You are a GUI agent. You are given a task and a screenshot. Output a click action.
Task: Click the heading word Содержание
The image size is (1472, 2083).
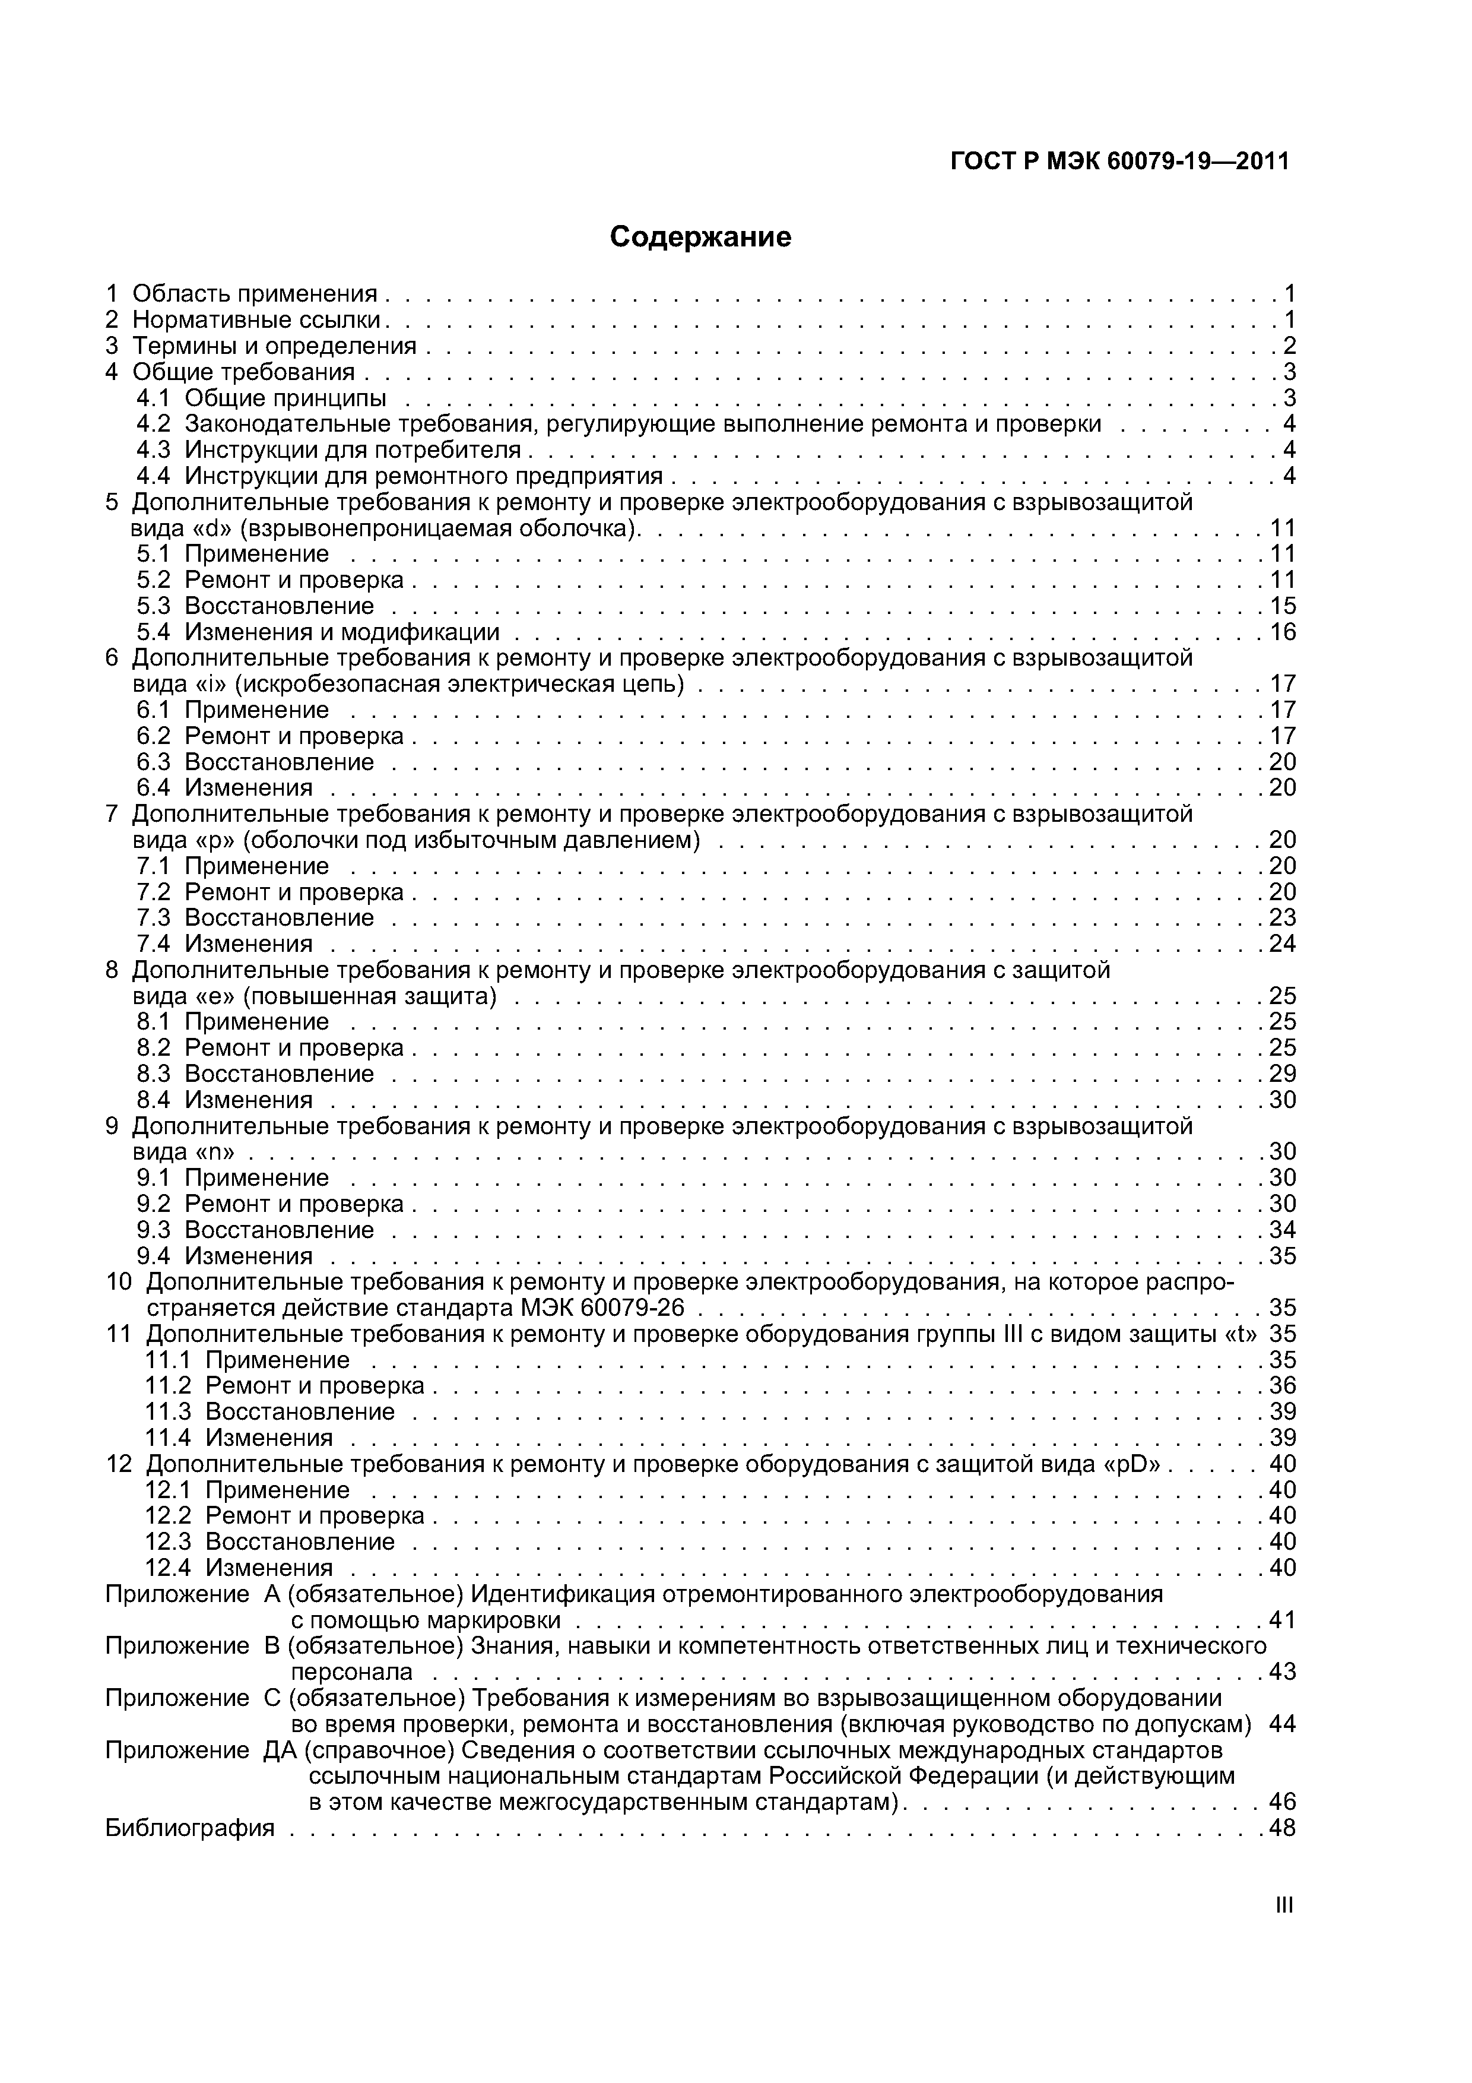tap(700, 237)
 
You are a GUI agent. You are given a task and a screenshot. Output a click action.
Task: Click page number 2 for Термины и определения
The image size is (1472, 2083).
tap(1289, 346)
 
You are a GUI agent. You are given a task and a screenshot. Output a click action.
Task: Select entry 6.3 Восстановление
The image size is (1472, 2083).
tap(278, 762)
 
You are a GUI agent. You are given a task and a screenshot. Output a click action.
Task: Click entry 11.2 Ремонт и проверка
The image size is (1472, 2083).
tap(314, 1386)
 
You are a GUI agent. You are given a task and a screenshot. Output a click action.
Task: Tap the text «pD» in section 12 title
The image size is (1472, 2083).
tap(1135, 1464)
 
